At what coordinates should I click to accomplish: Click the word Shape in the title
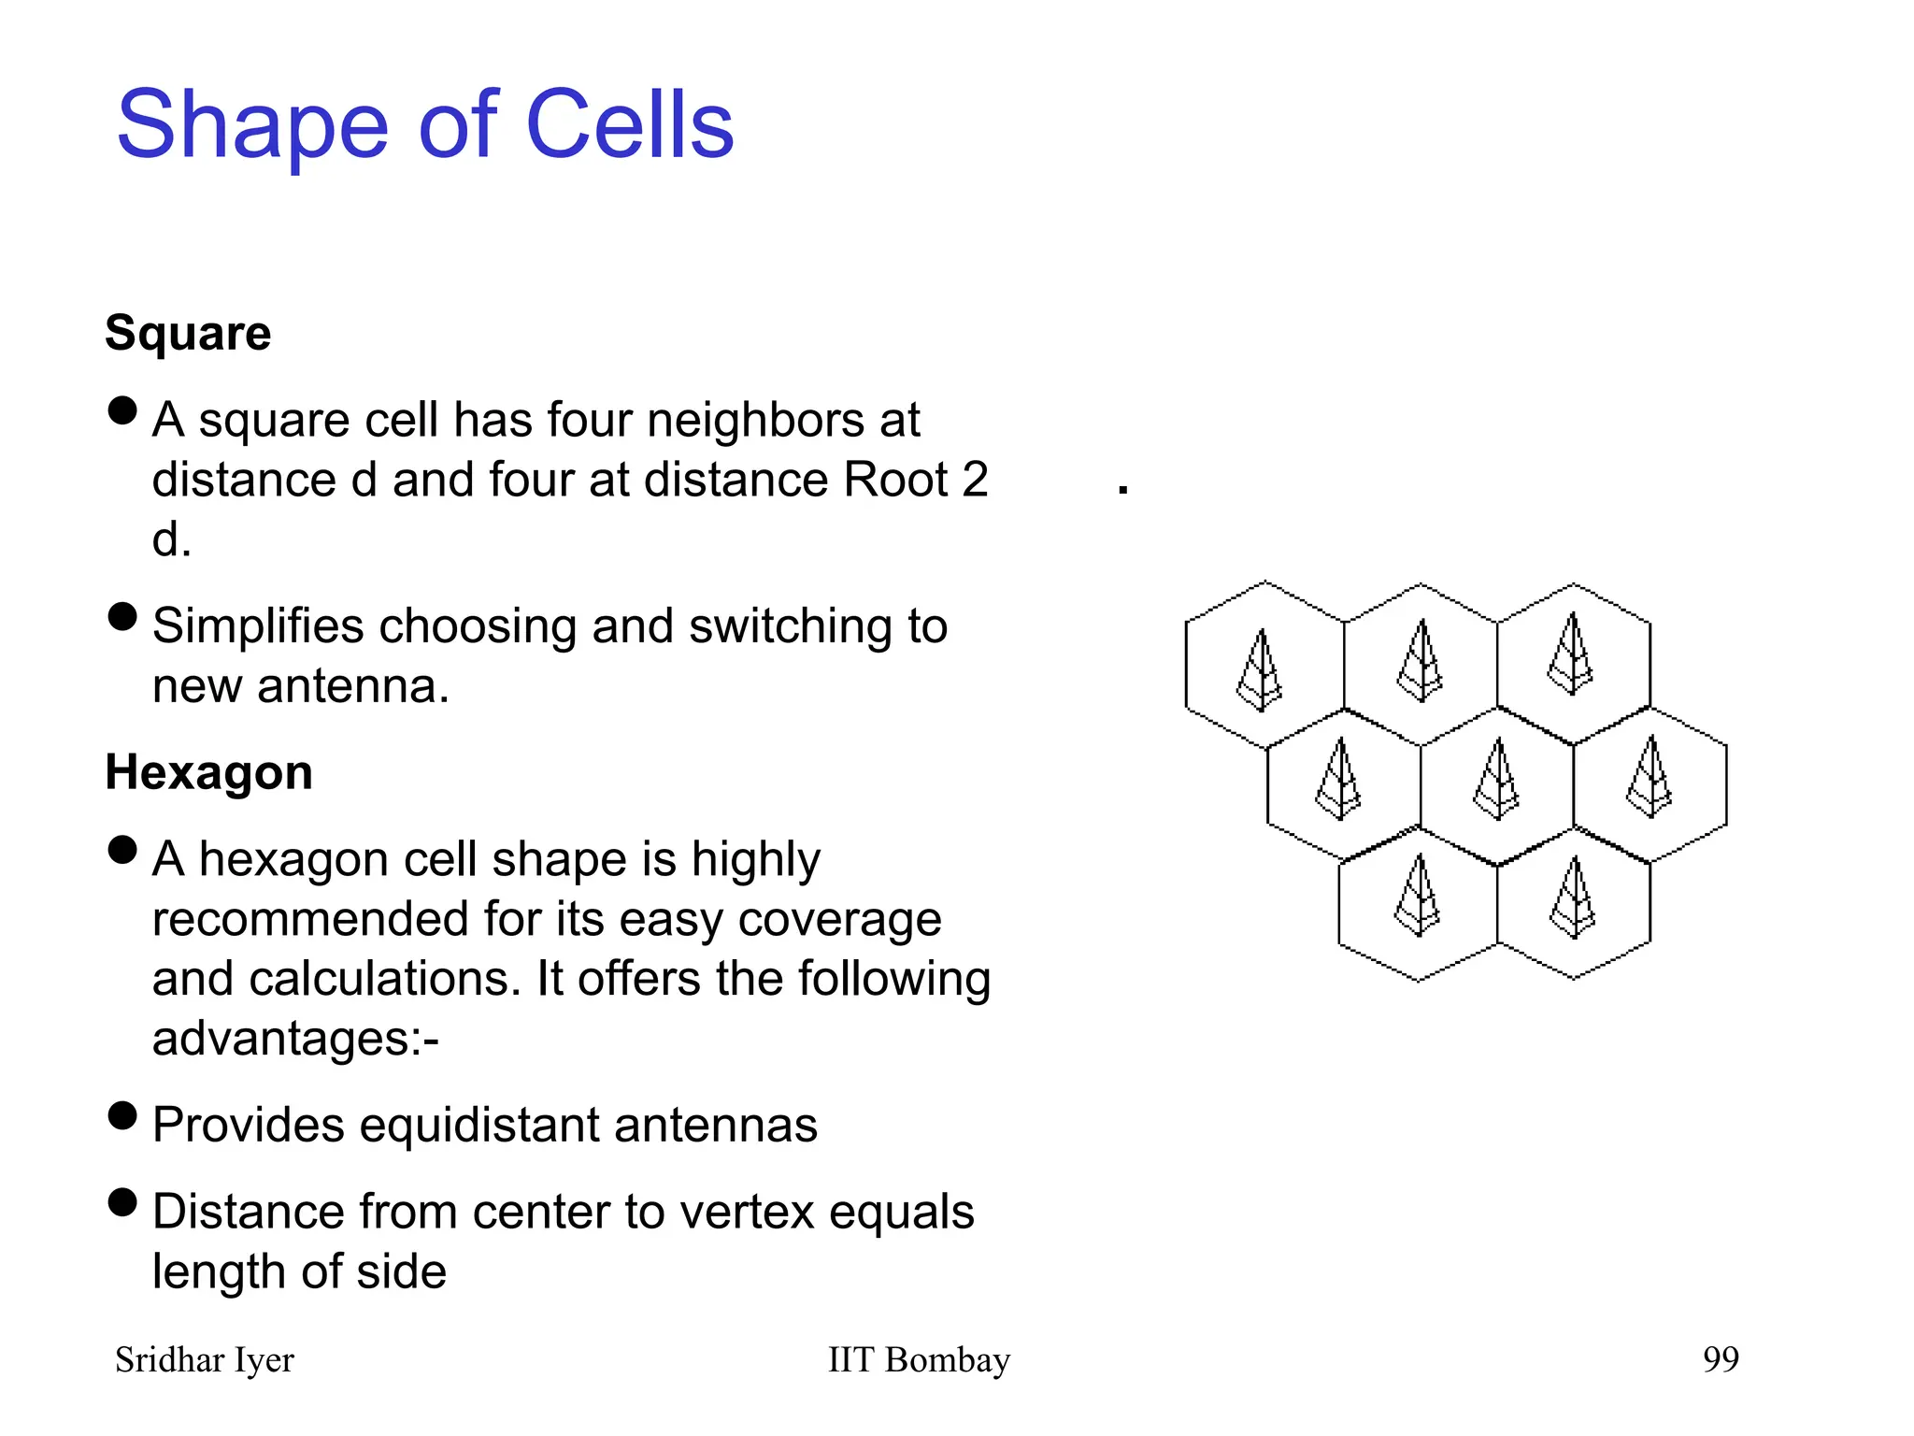pyautogui.click(x=251, y=126)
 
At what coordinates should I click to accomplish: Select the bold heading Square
pyautogui.click(x=188, y=333)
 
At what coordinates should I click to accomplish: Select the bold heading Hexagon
pyautogui.click(x=208, y=772)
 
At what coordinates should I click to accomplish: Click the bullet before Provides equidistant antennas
pyautogui.click(x=122, y=1115)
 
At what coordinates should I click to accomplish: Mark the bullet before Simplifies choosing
pyautogui.click(x=122, y=617)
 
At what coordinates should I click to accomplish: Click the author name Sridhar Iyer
pyautogui.click(x=204, y=1359)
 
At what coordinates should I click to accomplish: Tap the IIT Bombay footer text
pyautogui.click(x=919, y=1359)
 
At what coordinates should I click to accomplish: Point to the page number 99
pyautogui.click(x=1721, y=1359)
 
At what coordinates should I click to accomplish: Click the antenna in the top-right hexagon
pyautogui.click(x=1571, y=653)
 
